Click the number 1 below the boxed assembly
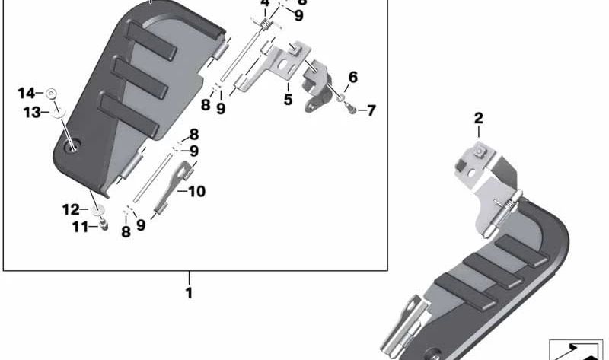[189, 292]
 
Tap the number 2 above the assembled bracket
[478, 118]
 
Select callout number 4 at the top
[264, 4]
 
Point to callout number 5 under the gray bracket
[288, 99]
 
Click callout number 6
[352, 77]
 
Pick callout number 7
[371, 111]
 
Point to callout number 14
[27, 93]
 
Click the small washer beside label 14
[50, 93]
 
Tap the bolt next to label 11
[104, 225]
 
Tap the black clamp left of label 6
[318, 85]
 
